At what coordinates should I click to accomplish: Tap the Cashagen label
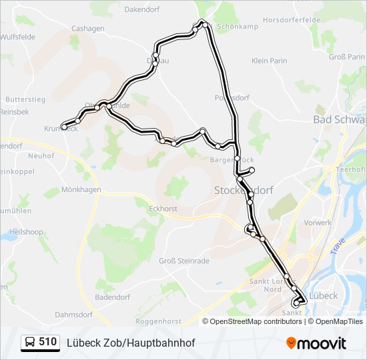point(88,29)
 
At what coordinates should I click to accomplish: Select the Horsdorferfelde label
point(292,21)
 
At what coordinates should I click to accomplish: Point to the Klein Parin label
point(269,61)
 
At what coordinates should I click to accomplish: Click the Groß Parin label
point(347,57)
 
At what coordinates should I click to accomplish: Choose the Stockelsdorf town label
point(244,190)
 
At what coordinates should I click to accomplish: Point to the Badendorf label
point(114,297)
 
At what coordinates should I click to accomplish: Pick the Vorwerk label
point(318,223)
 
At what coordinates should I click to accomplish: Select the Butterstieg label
point(25,99)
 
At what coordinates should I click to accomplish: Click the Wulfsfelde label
point(18,37)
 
